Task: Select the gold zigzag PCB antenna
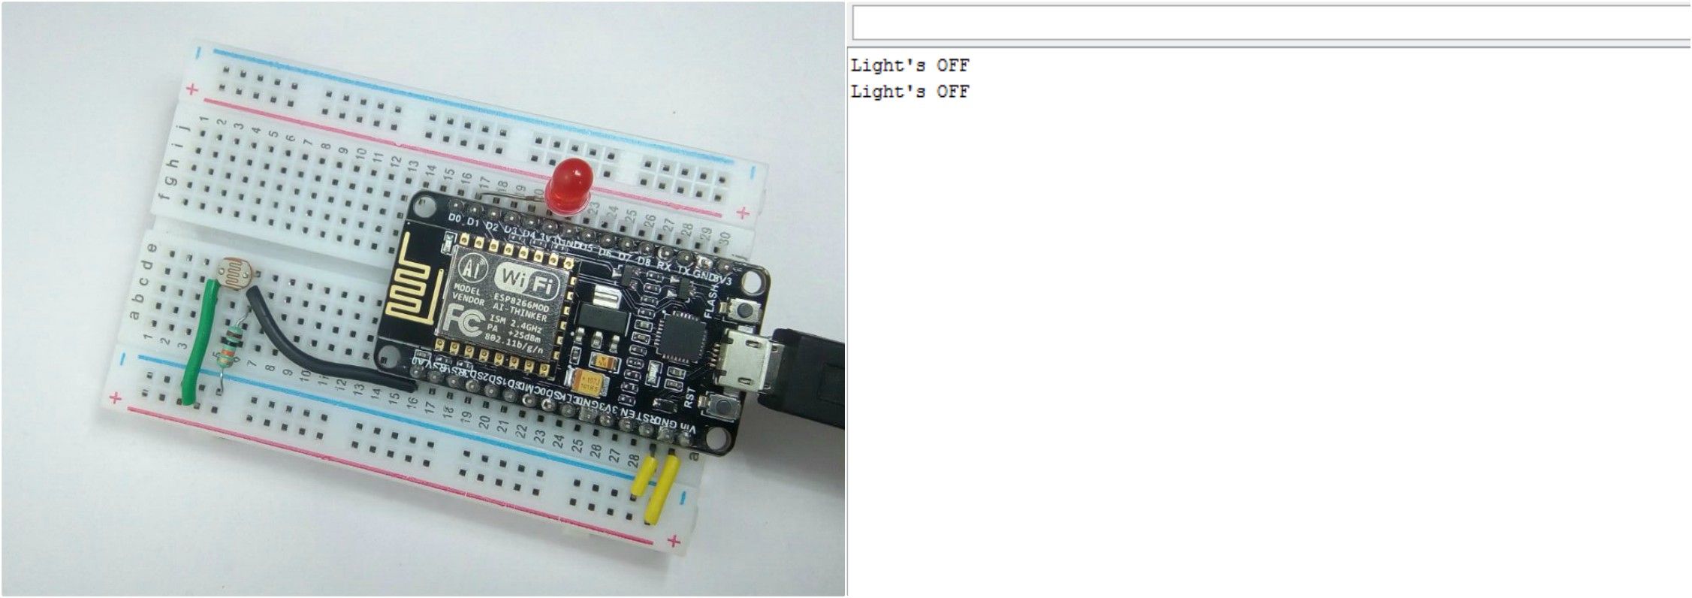click(414, 285)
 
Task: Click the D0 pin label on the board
click(454, 218)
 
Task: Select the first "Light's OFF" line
click(909, 65)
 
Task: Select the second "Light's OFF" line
click(909, 92)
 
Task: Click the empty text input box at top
click(1269, 23)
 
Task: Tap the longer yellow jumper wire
click(662, 489)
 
